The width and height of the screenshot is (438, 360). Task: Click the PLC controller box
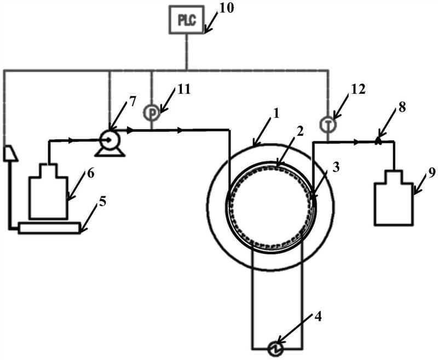[x=186, y=20]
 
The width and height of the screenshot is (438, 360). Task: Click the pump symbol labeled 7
[x=109, y=141]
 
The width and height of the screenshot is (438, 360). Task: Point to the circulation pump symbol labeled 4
[x=276, y=347]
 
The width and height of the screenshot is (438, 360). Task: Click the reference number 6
[x=90, y=174]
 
